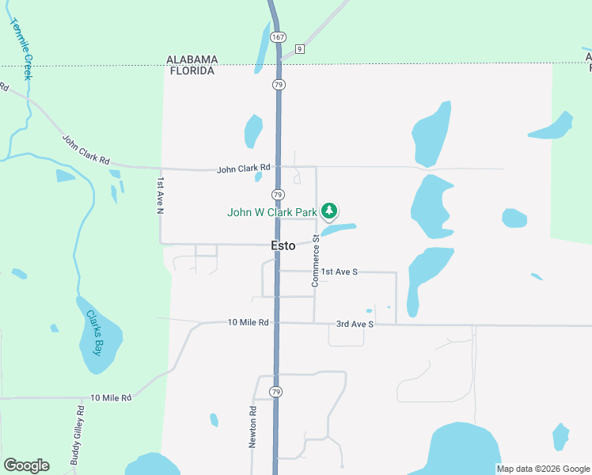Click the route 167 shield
(277, 37)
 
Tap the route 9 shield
(299, 49)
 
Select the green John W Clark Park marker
(329, 211)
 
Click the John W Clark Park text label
(271, 212)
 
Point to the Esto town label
(283, 245)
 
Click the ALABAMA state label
(192, 59)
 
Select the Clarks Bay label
(95, 332)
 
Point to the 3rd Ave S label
(354, 324)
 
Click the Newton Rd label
(253, 427)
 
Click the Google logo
(26, 465)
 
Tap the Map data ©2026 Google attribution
(543, 469)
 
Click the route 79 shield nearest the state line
(279, 84)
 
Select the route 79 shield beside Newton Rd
(275, 392)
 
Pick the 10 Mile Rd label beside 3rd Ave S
(248, 322)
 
